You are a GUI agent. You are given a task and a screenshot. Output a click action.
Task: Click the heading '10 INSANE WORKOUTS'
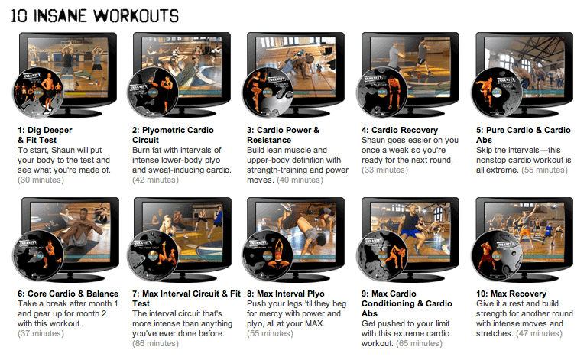[95, 16]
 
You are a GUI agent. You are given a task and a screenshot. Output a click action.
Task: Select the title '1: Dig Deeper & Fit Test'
[45, 135]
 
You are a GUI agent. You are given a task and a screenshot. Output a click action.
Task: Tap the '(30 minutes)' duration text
[41, 180]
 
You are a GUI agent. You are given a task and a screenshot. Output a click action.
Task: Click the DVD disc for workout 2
[152, 92]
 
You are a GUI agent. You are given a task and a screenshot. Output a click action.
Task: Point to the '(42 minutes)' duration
[155, 180]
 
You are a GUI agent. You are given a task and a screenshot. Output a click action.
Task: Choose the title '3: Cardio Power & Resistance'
[283, 135]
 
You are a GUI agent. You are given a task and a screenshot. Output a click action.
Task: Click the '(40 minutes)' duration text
[300, 180]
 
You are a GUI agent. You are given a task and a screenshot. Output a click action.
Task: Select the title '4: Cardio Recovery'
[400, 130]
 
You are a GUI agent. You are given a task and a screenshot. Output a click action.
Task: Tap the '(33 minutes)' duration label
[384, 170]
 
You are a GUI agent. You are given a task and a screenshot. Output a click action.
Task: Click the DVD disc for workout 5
[496, 92]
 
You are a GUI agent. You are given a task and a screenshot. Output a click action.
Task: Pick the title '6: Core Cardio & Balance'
[68, 294]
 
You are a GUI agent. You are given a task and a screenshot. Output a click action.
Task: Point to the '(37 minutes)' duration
[41, 333]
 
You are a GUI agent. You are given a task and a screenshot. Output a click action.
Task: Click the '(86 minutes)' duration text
[155, 343]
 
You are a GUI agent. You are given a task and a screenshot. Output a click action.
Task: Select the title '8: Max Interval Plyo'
[286, 294]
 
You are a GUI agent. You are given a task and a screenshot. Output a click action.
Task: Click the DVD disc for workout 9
[382, 256]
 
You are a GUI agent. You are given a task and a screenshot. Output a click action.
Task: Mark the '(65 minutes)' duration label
[420, 343]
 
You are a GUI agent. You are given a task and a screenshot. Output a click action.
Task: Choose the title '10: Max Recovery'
[511, 294]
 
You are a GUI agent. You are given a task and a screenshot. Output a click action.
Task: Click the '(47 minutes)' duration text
[539, 333]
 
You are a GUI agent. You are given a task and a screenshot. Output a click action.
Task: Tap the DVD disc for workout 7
[153, 256]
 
